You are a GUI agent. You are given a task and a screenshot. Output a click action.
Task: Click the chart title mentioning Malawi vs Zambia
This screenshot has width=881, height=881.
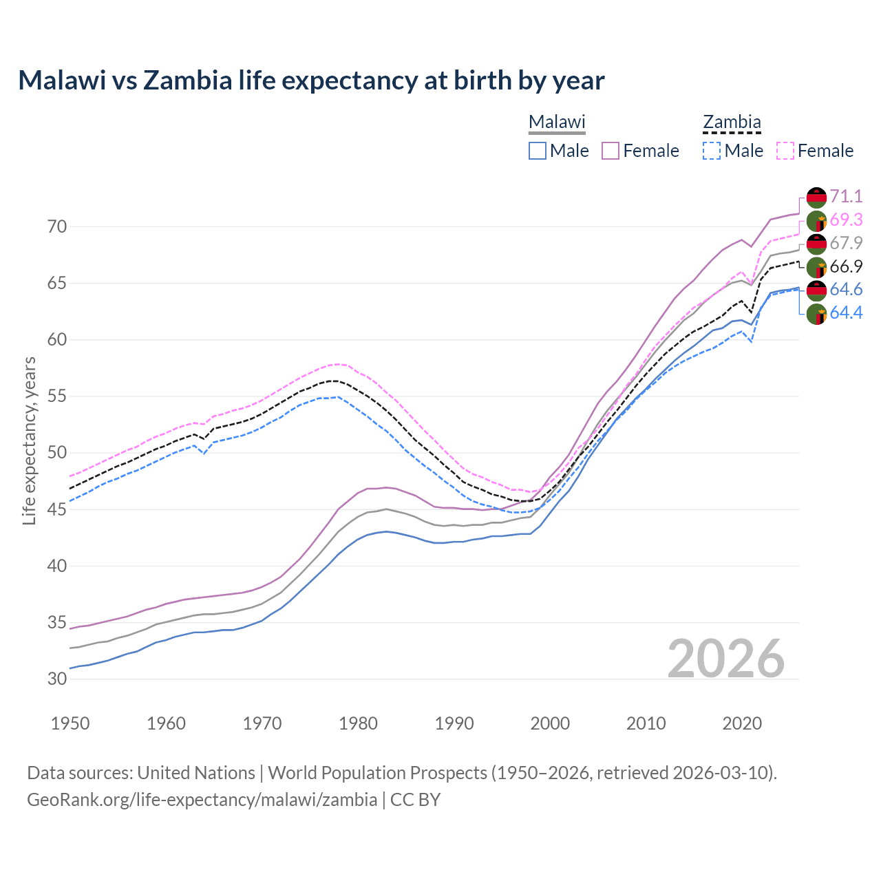(311, 81)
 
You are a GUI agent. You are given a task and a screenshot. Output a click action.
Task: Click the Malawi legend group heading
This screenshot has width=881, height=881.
(556, 123)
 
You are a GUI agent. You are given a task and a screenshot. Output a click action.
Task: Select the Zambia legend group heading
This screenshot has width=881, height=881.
(731, 123)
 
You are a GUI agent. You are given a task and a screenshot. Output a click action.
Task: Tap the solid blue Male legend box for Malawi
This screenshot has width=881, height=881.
(538, 151)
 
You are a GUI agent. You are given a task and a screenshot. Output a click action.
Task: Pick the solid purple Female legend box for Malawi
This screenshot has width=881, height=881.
(611, 151)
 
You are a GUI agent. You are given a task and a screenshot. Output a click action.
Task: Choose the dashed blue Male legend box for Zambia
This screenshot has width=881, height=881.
(712, 151)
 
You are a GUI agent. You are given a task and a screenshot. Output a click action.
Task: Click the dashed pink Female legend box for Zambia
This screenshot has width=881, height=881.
(785, 151)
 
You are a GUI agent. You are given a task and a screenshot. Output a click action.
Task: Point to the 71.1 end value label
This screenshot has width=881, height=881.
(846, 196)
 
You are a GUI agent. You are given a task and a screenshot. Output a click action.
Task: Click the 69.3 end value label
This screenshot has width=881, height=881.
(846, 220)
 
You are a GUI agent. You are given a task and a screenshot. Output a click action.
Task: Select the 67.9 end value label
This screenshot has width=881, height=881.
(846, 243)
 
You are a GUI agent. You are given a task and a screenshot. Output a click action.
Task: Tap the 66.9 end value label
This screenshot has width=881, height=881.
(846, 266)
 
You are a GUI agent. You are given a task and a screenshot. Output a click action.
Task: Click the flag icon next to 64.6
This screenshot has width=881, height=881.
(816, 290)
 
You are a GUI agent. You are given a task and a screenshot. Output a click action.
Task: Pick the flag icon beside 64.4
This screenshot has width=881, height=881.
(816, 314)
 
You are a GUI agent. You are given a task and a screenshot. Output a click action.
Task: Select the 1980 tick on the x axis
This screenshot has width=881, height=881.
(359, 723)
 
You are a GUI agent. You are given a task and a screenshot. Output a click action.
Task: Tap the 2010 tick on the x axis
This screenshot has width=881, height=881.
(646, 723)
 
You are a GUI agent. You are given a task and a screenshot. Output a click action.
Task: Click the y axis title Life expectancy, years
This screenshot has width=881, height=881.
(29, 440)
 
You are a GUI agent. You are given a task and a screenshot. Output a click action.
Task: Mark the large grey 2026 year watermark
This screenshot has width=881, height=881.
(726, 659)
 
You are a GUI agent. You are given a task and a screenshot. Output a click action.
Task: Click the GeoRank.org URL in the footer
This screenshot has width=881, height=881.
(202, 800)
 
